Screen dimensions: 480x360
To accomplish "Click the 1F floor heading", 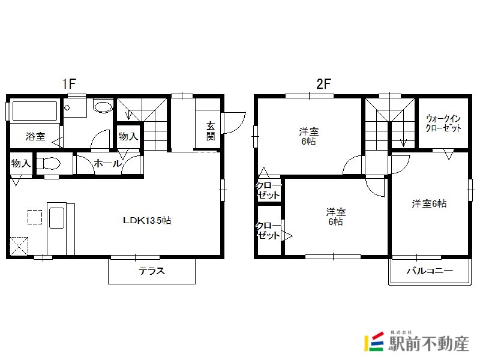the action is click(69, 83).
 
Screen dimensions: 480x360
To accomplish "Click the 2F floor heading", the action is click(324, 83).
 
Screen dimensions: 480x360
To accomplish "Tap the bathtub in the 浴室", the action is click(35, 111).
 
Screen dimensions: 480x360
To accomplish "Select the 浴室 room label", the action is click(35, 136).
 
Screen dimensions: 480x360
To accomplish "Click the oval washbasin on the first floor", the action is click(103, 107).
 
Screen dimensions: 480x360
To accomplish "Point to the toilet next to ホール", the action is click(48, 163).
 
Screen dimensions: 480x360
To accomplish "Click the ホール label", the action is click(108, 163).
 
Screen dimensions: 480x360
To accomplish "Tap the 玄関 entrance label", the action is click(211, 131).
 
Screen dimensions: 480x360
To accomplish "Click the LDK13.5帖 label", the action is click(147, 220).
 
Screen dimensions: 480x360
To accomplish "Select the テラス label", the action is click(152, 271).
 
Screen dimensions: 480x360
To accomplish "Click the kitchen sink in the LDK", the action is click(56, 218).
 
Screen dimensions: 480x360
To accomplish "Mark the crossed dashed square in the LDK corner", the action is click(19, 246).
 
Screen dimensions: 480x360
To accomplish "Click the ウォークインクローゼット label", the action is click(443, 123).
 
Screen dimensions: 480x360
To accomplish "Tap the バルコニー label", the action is click(430, 271).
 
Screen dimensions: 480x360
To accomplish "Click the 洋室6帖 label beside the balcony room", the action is click(429, 203).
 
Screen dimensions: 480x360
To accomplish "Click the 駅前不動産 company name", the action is click(429, 343).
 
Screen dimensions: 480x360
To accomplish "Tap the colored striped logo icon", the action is click(374, 341).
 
